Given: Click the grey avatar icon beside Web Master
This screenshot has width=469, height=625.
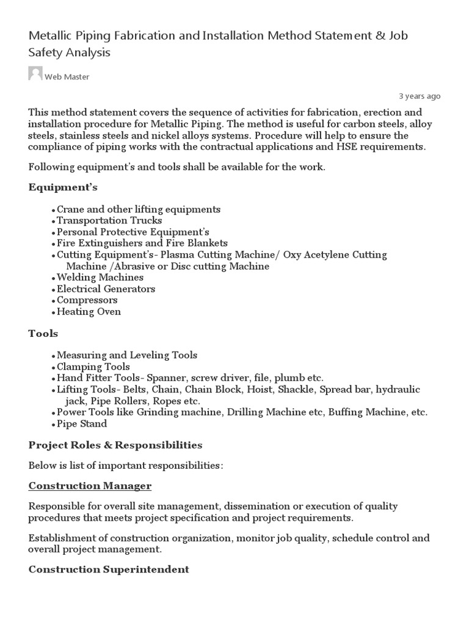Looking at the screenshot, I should [x=35, y=74].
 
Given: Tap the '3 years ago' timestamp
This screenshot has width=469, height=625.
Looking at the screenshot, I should [x=420, y=96].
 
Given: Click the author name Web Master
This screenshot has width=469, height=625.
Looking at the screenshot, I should [x=67, y=77].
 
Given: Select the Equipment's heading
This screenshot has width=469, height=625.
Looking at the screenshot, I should [x=63, y=187].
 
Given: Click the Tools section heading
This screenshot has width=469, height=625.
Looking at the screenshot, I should [x=43, y=333].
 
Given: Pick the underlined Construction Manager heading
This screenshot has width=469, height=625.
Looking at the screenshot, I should [x=90, y=486].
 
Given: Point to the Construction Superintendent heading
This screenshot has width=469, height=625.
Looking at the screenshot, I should [x=109, y=569].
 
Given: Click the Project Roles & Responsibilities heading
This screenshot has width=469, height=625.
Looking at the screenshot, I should [x=115, y=444].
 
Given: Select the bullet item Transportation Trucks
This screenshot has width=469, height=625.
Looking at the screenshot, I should [x=109, y=220].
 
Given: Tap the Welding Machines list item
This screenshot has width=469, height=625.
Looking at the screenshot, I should [x=100, y=277].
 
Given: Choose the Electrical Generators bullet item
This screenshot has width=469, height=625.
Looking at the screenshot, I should [x=106, y=289].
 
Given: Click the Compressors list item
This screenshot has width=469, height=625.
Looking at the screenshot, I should [x=87, y=300].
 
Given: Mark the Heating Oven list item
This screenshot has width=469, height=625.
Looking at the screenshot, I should [x=89, y=312].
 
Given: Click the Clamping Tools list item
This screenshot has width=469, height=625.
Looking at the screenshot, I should [x=93, y=367].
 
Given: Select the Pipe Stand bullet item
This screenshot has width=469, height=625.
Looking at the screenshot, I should [x=82, y=424].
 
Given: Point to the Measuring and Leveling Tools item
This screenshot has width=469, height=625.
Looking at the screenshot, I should [x=127, y=355].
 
